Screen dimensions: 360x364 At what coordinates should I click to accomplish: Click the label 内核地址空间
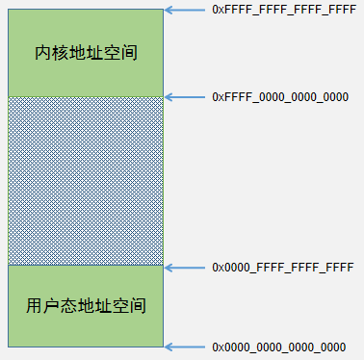86,53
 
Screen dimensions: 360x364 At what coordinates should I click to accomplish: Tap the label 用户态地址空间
86,306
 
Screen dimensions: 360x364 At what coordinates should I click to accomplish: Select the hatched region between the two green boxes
86,180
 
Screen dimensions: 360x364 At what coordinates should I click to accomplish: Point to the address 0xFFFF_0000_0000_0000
279,97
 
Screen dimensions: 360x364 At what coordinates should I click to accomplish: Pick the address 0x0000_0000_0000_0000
278,347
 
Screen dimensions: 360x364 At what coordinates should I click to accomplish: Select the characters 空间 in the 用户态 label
129,306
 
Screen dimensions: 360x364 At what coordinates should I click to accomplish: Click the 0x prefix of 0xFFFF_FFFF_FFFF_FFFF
218,10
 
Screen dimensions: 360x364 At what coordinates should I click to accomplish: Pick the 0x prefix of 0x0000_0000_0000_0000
218,347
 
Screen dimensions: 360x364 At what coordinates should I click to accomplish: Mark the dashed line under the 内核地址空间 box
86,96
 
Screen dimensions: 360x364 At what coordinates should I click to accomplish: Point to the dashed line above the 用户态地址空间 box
86,265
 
